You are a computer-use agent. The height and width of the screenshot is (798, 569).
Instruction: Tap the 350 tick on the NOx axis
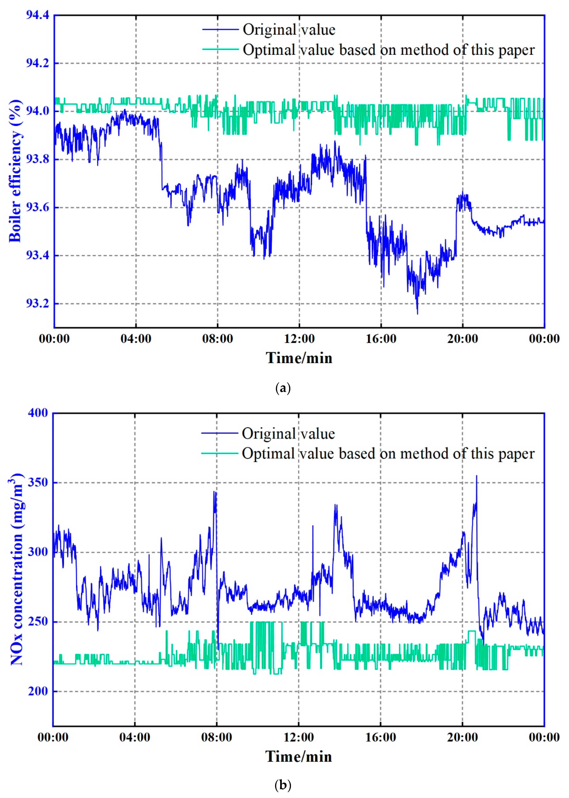point(38,482)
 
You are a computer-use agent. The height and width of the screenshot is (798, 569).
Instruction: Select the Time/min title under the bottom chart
point(299,757)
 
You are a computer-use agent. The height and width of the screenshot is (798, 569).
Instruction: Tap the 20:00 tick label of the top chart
point(463,339)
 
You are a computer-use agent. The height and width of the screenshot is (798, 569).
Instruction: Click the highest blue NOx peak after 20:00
point(476,476)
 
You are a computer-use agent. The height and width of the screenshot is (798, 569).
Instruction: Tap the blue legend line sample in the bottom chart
point(220,433)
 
